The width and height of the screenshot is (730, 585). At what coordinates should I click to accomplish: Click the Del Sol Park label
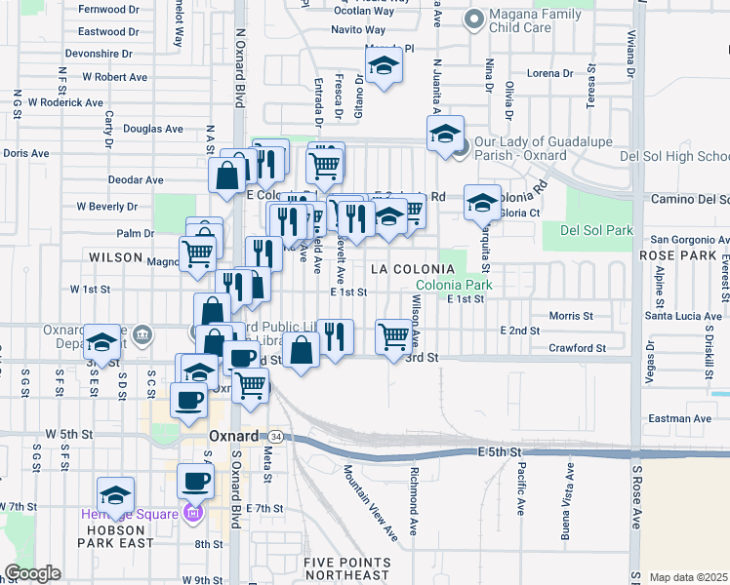pos(597,231)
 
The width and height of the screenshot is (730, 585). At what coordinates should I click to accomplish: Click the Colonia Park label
pos(454,286)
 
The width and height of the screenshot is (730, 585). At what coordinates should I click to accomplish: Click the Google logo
pos(33,573)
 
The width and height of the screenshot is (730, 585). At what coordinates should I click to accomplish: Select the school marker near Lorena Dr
pos(385,67)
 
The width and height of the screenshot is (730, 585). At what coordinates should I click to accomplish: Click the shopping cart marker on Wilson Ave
pos(393,336)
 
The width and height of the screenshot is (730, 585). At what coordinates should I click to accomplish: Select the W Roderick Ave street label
pos(65,102)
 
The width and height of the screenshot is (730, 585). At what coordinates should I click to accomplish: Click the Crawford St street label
pos(578,348)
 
